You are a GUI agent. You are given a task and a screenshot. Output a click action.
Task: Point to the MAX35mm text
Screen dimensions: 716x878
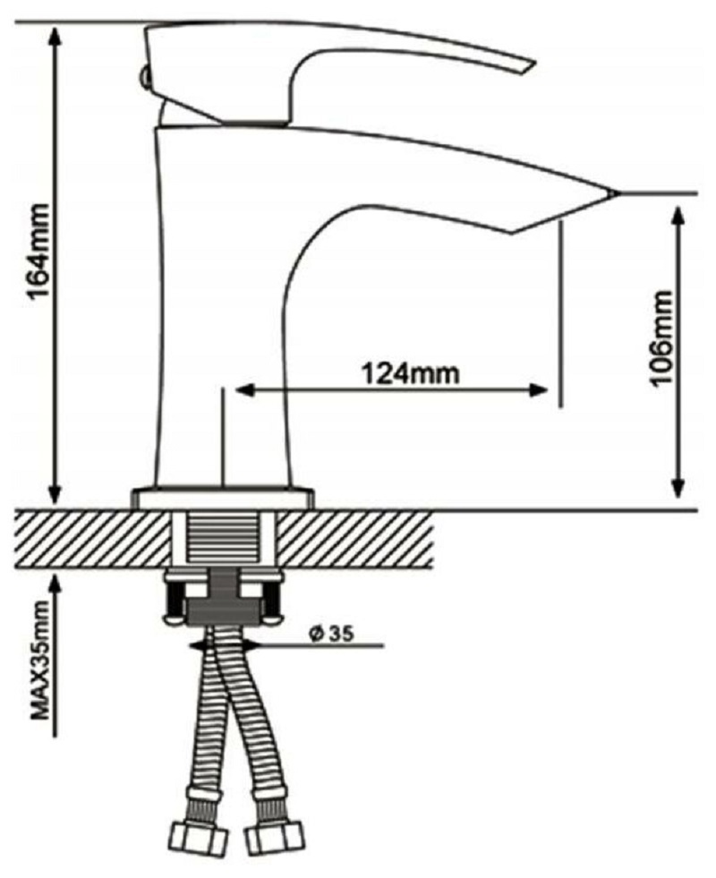tap(41, 660)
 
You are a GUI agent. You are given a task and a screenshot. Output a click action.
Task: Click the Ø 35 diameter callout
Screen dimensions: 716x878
tap(331, 635)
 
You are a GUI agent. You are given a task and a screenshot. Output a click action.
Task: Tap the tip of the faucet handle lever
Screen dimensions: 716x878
tap(532, 64)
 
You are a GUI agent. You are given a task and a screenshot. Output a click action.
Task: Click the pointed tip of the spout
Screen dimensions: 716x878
tap(617, 193)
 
